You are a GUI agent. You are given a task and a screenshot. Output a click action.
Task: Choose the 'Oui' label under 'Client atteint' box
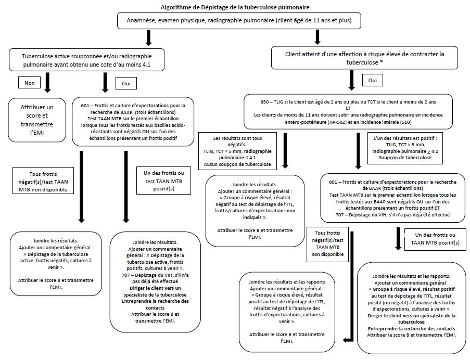coord(372,81)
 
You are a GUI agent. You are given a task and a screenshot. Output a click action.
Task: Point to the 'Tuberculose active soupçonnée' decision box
coord(87,60)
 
